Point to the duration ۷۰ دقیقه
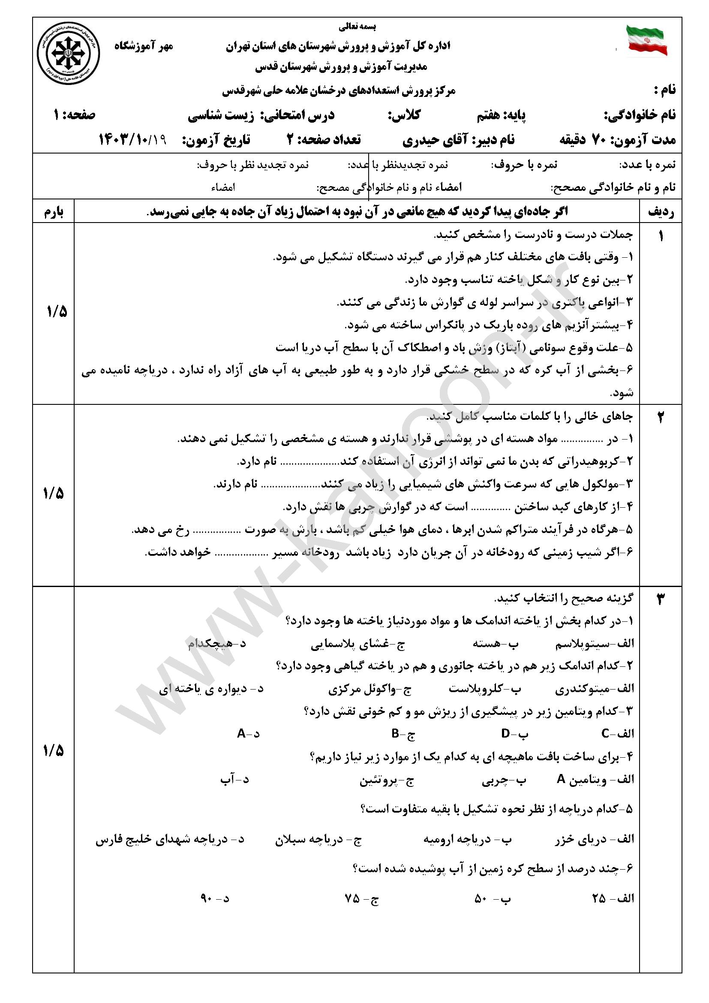[586, 140]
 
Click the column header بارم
[54, 212]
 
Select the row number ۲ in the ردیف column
[660, 418]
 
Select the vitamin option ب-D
[515, 734]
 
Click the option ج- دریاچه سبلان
[318, 839]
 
